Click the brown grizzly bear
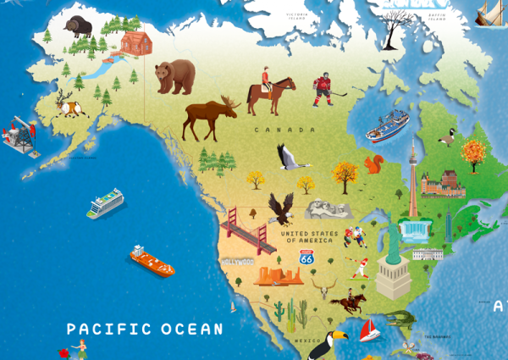click(x=174, y=76)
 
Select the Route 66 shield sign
click(x=306, y=257)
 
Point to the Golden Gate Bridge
click(x=246, y=229)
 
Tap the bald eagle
click(x=280, y=208)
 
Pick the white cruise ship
click(x=106, y=203)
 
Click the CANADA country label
click(x=284, y=130)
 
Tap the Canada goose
click(x=447, y=137)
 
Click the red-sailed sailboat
click(x=369, y=330)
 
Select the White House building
click(x=428, y=253)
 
